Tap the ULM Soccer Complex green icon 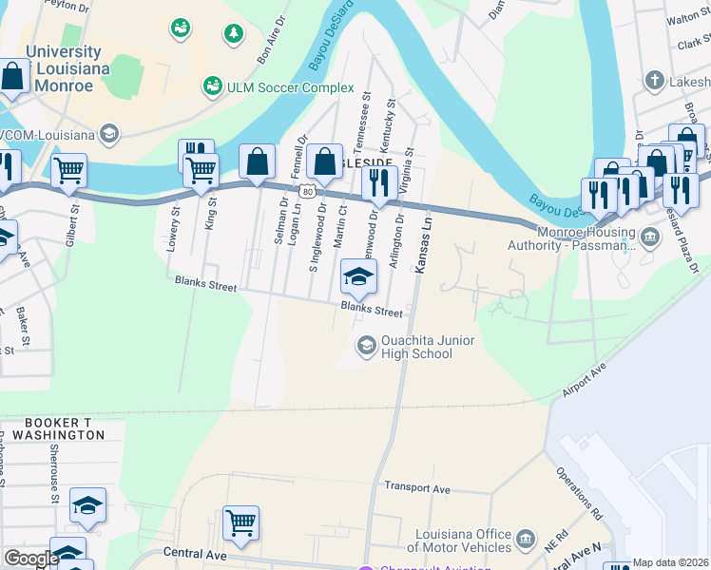[x=213, y=87]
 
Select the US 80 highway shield [x=306, y=191]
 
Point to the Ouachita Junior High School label [x=415, y=348]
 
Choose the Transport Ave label [x=416, y=486]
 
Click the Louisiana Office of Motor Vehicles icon [x=525, y=542]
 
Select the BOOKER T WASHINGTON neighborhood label [x=64, y=427]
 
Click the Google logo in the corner [x=30, y=559]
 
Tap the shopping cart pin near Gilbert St [x=68, y=172]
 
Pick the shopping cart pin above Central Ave [x=241, y=522]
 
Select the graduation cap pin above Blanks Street [x=358, y=278]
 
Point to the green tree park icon [x=233, y=35]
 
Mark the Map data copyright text [x=671, y=562]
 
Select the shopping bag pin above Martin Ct [x=324, y=161]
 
